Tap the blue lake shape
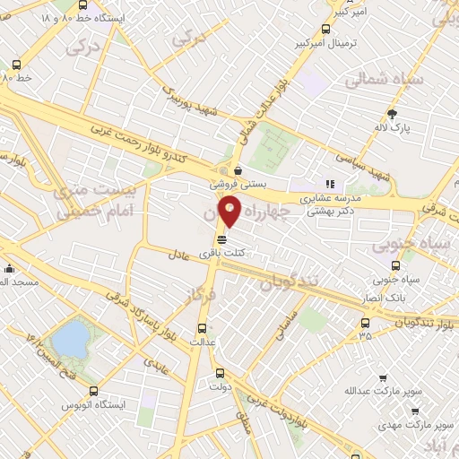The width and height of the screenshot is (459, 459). click(71, 339)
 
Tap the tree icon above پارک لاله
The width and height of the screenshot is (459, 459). click(391, 113)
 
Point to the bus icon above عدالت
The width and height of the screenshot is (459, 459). click(202, 328)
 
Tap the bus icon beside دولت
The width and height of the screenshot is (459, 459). click(221, 373)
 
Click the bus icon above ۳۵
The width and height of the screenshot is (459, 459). click(364, 323)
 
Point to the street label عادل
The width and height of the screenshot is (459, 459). click(176, 255)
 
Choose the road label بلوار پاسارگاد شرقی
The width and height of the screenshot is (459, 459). click(140, 313)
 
